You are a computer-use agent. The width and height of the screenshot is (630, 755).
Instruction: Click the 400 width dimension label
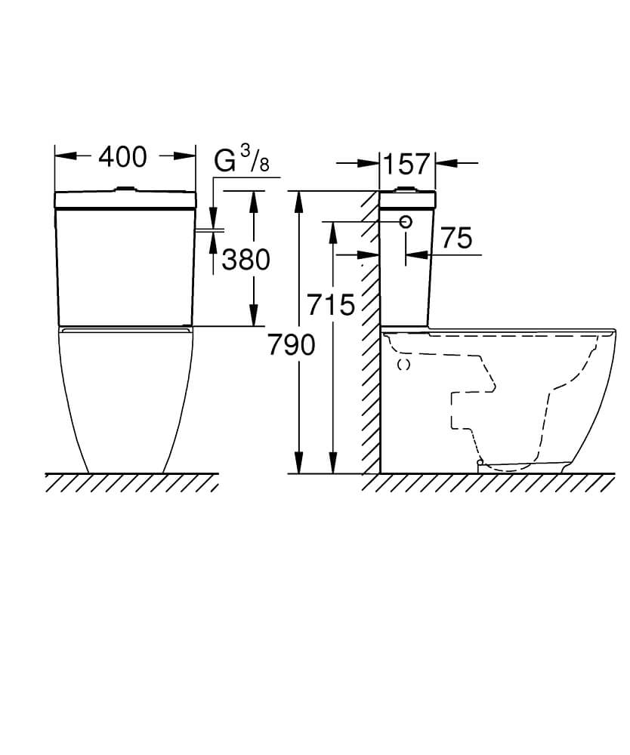coord(122,157)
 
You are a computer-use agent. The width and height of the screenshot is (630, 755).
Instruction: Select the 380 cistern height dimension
coord(246,260)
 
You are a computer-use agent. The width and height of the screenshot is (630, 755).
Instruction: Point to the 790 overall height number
coord(292,345)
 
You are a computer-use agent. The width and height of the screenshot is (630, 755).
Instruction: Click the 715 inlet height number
coord(331,304)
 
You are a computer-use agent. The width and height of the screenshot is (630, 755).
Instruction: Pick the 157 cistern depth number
coord(406,164)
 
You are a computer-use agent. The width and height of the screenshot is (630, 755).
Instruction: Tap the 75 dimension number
coord(456,238)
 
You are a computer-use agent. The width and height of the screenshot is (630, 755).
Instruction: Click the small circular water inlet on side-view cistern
coord(406,221)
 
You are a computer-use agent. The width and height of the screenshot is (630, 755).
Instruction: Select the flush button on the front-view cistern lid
coord(125,190)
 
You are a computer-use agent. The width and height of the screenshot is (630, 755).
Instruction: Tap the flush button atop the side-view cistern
coord(407,190)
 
